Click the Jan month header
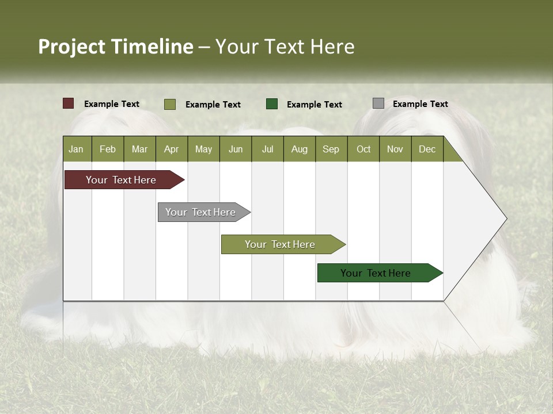point(76,149)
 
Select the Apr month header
point(171,149)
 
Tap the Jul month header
point(267,149)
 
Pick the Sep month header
point(331,149)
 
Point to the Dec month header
point(427,149)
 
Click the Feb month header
point(108,149)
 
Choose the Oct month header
point(363,149)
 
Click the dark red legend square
point(69,103)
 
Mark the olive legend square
point(170,104)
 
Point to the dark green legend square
point(272,103)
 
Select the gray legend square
point(378,103)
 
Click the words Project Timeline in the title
point(116,47)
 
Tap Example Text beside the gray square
point(420,104)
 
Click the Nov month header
point(395,149)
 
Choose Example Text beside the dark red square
point(112,104)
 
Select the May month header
point(203,149)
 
